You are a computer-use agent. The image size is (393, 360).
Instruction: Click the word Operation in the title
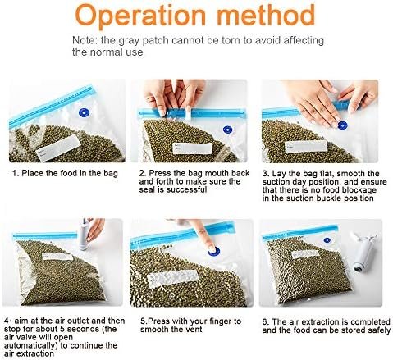[x=140, y=15]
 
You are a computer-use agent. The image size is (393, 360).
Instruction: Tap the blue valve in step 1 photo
[x=85, y=112]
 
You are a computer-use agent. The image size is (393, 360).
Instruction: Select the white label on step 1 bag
[x=58, y=148]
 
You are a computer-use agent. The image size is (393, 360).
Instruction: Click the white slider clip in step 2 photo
[x=189, y=112]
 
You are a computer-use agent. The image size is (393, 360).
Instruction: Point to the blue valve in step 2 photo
[x=227, y=130]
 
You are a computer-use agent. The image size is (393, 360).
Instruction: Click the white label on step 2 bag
[x=193, y=148]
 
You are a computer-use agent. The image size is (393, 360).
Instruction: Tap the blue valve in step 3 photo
[x=342, y=125]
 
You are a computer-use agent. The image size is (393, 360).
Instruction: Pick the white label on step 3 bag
[x=306, y=147]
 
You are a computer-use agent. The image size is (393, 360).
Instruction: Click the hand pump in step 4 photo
[x=83, y=234]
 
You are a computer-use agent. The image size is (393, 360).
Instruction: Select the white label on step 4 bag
[x=57, y=256]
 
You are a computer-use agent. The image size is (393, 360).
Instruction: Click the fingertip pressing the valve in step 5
[x=211, y=247]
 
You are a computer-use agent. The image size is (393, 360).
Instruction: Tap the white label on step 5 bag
[x=173, y=278]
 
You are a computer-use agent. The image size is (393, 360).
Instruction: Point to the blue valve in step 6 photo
[x=327, y=240]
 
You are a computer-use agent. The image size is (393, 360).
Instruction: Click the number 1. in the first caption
[x=16, y=173]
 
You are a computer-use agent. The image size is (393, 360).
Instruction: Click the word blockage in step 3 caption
[x=359, y=190]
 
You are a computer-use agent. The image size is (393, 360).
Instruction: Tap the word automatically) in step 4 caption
[x=31, y=345]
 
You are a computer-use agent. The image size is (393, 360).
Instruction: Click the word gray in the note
[x=129, y=41]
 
